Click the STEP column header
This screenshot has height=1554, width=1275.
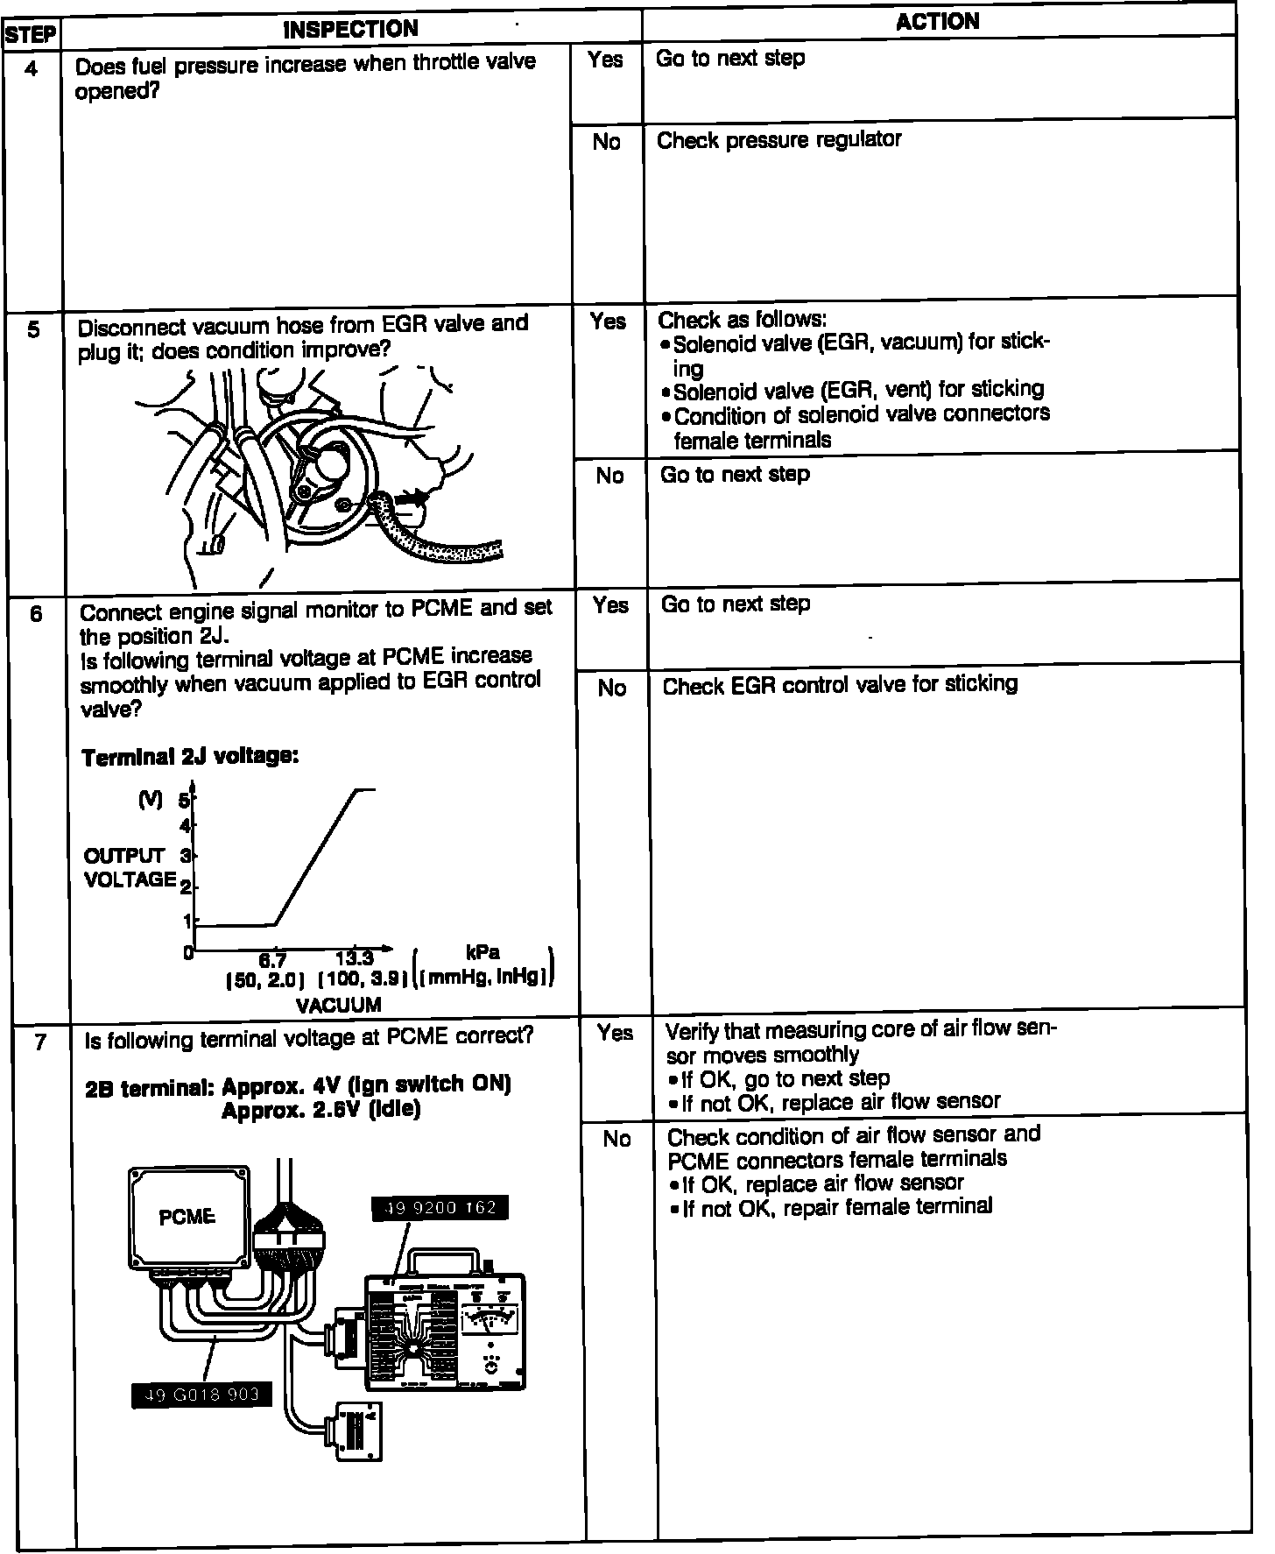tap(31, 36)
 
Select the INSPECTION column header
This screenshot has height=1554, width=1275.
tap(351, 29)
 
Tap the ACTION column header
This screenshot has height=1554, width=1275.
tap(937, 21)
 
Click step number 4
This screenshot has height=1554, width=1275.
tap(32, 67)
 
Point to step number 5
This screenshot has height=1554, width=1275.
tap(33, 330)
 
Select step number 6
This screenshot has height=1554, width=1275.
tap(36, 613)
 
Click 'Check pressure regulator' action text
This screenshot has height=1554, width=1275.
tap(778, 140)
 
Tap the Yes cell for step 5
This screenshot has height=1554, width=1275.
tap(608, 321)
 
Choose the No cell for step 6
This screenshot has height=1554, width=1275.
tap(612, 689)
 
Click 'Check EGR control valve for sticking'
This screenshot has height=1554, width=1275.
tap(840, 684)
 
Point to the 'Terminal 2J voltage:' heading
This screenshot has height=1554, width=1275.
tap(190, 757)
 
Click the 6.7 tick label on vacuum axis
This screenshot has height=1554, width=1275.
tap(272, 960)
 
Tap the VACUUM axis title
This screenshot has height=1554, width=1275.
tap(339, 1005)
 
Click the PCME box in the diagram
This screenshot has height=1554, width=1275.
tap(187, 1216)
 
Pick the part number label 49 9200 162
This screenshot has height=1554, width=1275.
tap(440, 1208)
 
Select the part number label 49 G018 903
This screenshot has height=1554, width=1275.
tap(201, 1395)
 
